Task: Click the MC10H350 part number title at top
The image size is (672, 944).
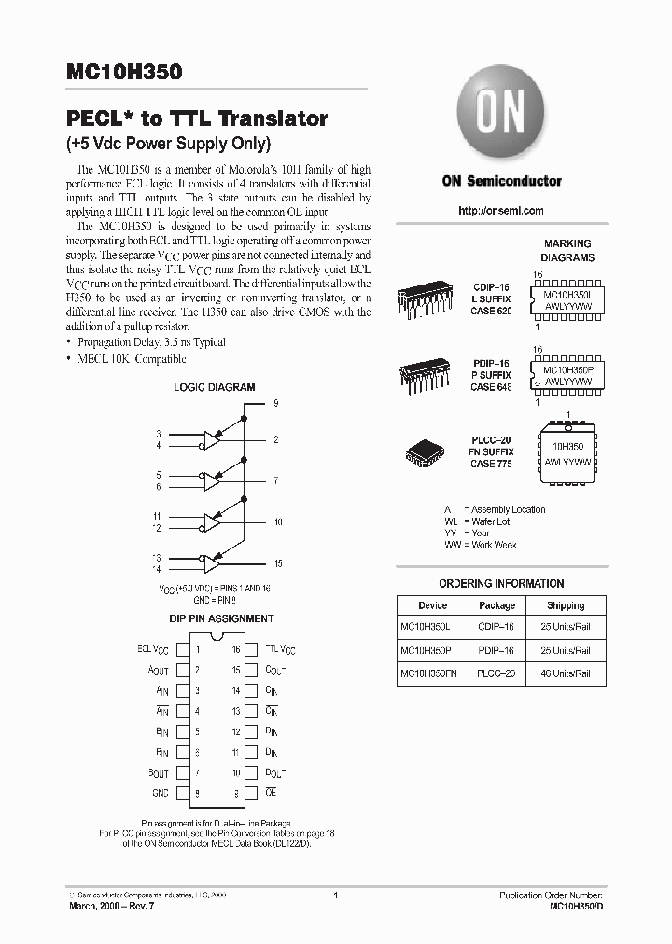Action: [125, 72]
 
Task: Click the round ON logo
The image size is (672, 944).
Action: [501, 117]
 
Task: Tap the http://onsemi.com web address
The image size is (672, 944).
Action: [501, 211]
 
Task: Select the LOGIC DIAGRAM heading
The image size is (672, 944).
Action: [215, 387]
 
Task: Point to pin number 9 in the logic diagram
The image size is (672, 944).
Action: [275, 403]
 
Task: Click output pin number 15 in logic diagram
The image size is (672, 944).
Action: [277, 563]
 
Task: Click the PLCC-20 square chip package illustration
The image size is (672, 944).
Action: [425, 452]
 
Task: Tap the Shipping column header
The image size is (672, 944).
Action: [566, 605]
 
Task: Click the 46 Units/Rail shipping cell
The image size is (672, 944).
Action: [566, 673]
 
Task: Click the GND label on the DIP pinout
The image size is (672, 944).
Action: [160, 793]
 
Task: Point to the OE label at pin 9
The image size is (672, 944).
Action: [271, 793]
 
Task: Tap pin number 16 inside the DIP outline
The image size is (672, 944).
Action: [237, 649]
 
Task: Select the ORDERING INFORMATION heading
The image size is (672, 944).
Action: [501, 584]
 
